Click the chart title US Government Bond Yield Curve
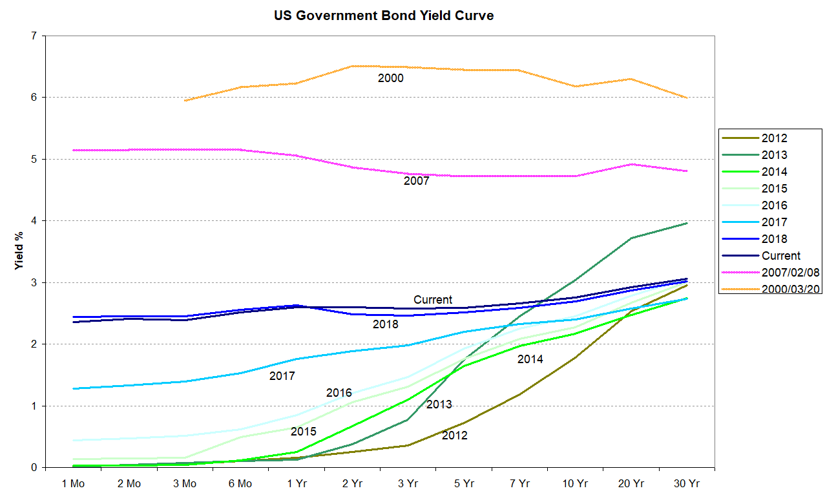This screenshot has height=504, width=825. (x=384, y=16)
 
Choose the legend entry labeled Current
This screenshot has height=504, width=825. (x=780, y=255)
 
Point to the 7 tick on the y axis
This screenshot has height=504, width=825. (x=33, y=36)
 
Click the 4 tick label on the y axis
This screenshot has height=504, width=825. (x=33, y=221)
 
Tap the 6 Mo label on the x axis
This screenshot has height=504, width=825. (x=240, y=483)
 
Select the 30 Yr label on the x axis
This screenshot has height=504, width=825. (x=685, y=483)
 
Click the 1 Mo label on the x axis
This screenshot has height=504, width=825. (x=73, y=483)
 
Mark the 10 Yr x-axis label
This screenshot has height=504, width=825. (x=574, y=483)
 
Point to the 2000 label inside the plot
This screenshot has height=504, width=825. (x=391, y=78)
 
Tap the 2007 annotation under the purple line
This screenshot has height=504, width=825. (x=417, y=181)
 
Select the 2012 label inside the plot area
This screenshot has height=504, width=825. (x=454, y=436)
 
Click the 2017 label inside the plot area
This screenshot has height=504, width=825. (x=282, y=375)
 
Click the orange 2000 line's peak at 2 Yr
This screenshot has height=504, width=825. (x=353, y=66)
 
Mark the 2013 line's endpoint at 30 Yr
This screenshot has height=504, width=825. (x=686, y=223)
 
